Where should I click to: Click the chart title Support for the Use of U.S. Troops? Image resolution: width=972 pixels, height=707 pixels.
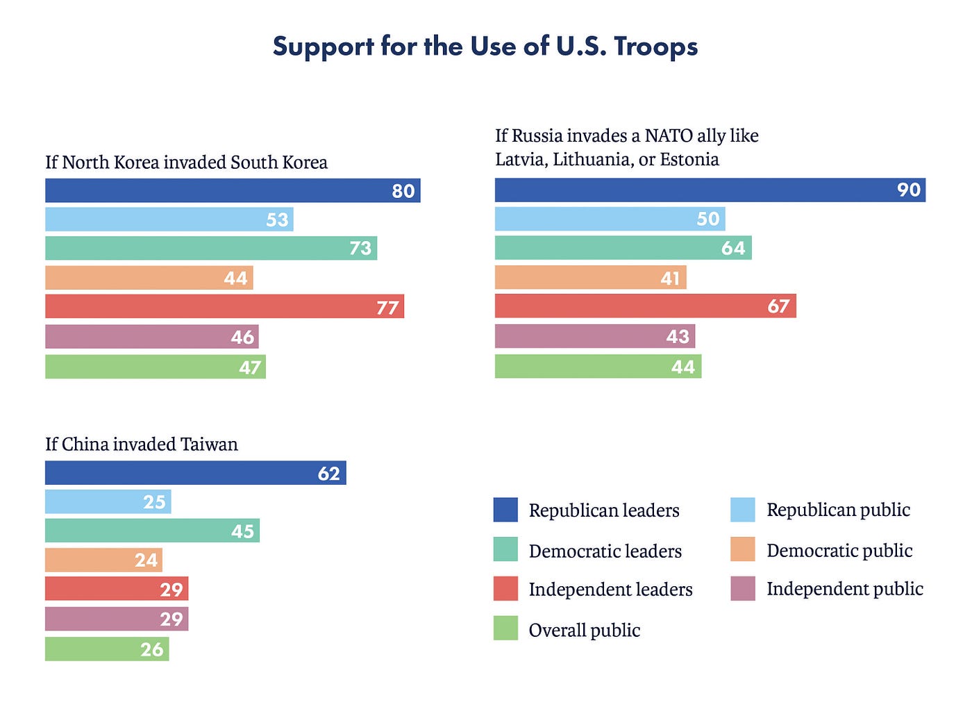point(485,47)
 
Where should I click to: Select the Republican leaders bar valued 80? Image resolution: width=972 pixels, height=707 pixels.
point(233,190)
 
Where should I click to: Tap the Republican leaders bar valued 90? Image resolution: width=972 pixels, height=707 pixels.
point(710,190)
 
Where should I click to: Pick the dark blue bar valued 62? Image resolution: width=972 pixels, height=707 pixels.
point(195,473)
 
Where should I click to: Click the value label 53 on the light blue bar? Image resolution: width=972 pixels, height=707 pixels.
point(277,219)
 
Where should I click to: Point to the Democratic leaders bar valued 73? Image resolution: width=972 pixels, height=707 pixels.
point(211,248)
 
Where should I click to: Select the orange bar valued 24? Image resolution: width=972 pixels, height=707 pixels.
point(103,560)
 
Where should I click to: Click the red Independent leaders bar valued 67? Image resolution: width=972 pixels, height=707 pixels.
point(645,306)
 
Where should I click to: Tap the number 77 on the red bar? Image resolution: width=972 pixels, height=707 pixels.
point(387,307)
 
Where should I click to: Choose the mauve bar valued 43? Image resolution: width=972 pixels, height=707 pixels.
point(594,336)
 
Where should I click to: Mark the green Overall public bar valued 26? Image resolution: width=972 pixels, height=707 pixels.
point(107,649)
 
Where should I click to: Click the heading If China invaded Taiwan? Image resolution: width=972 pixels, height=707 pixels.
point(142,444)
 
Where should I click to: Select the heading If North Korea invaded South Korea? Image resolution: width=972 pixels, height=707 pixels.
point(186,163)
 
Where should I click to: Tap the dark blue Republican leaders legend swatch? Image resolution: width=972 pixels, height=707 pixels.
point(505,510)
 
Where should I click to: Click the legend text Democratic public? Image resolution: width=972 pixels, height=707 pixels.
point(839,551)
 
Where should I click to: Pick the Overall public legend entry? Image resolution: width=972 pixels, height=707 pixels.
point(584,630)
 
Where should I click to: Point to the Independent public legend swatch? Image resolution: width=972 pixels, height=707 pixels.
point(743,589)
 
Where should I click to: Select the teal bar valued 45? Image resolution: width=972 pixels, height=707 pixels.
point(152,531)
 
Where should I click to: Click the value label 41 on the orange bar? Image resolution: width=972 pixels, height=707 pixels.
point(670,278)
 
